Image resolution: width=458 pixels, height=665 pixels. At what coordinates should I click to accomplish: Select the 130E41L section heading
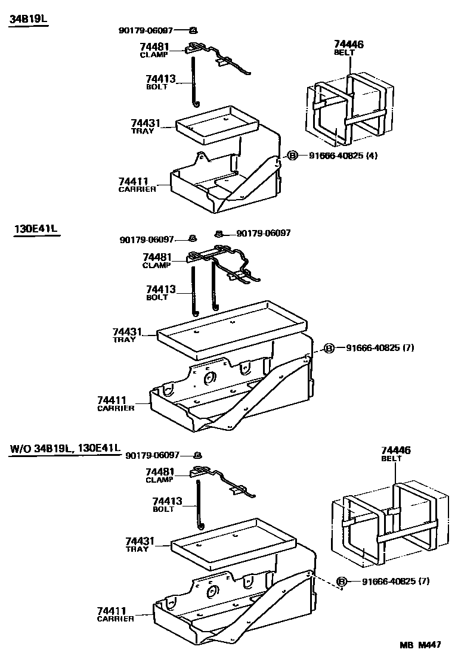pos(37,229)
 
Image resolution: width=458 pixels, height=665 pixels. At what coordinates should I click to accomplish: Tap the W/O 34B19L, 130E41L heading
pos(65,448)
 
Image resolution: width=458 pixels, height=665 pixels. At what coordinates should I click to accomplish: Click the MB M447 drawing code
pos(420,644)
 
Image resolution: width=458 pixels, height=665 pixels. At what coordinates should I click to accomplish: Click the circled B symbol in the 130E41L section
pos(329,348)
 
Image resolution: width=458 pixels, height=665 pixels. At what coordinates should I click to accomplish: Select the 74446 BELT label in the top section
pos(349,48)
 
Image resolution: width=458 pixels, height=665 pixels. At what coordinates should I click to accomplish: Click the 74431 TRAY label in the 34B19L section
pos(146,126)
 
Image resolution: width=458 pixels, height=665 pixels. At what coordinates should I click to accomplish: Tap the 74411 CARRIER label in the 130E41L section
pos(116,403)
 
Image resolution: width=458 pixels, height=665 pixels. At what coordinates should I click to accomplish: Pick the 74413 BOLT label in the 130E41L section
pos(161,293)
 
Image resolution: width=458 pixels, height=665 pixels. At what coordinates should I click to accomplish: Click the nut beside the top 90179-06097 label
pos(193,30)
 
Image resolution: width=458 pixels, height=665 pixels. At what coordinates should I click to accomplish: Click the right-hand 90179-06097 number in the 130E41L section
pos(264,233)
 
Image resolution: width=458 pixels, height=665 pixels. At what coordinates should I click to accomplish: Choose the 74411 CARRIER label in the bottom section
pos(116,614)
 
